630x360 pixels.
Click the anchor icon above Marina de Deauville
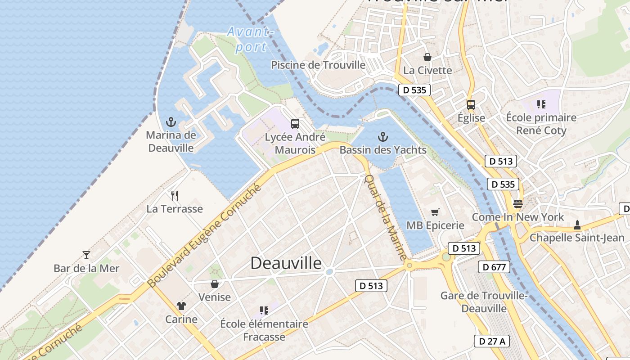click(171, 121)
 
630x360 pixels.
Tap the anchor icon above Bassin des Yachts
click(383, 136)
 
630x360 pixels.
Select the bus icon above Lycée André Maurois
click(295, 124)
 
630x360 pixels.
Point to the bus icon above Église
click(471, 105)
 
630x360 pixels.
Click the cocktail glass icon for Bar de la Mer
click(86, 255)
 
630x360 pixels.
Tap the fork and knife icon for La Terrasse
click(175, 195)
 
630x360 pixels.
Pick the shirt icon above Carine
click(181, 306)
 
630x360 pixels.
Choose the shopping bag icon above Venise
click(215, 284)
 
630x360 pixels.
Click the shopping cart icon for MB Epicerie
click(435, 212)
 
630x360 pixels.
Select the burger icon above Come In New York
click(517, 204)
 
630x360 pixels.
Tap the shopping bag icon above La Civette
click(427, 57)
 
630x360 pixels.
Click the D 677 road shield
click(494, 267)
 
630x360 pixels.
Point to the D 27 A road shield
click(492, 341)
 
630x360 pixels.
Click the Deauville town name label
click(286, 263)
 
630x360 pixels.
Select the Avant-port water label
click(250, 39)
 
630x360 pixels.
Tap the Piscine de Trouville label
click(318, 65)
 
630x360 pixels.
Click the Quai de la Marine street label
click(385, 217)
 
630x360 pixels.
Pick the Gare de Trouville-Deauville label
click(484, 302)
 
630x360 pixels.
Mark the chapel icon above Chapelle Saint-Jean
click(577, 225)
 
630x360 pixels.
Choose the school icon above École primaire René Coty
click(541, 104)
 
